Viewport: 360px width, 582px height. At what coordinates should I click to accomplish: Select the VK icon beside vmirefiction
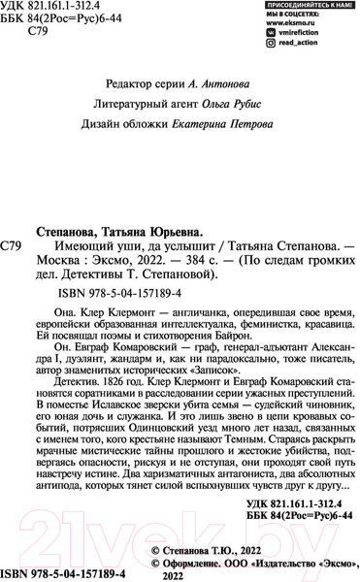point(271,45)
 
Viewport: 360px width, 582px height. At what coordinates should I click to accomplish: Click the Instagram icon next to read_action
point(271,56)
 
